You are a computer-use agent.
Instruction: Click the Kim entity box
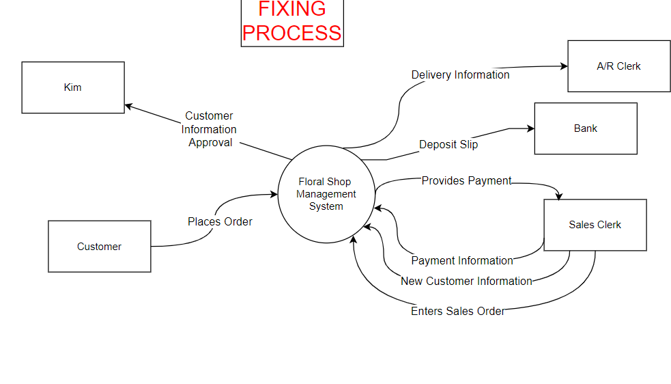point(73,87)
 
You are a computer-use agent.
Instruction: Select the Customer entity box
point(99,247)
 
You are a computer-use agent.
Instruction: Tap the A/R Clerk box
point(618,66)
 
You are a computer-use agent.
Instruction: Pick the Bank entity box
point(585,128)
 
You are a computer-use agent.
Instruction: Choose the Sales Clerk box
point(595,225)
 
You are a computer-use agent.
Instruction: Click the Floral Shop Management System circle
point(326,194)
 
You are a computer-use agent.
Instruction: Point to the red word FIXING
point(291,9)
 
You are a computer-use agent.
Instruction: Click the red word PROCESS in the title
point(291,33)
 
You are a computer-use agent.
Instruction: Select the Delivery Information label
point(460,75)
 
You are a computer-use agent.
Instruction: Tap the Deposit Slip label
point(448,144)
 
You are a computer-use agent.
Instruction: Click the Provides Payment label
point(466,181)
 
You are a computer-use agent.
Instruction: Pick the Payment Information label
point(462,260)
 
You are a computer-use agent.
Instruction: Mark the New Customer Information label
point(466,281)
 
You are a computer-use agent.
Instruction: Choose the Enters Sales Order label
point(458,311)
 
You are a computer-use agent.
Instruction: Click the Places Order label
point(220,221)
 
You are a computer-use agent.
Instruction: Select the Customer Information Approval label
point(209,129)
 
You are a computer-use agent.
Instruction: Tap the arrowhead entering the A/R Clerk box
point(563,66)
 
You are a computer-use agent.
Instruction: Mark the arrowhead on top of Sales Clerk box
point(559,196)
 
